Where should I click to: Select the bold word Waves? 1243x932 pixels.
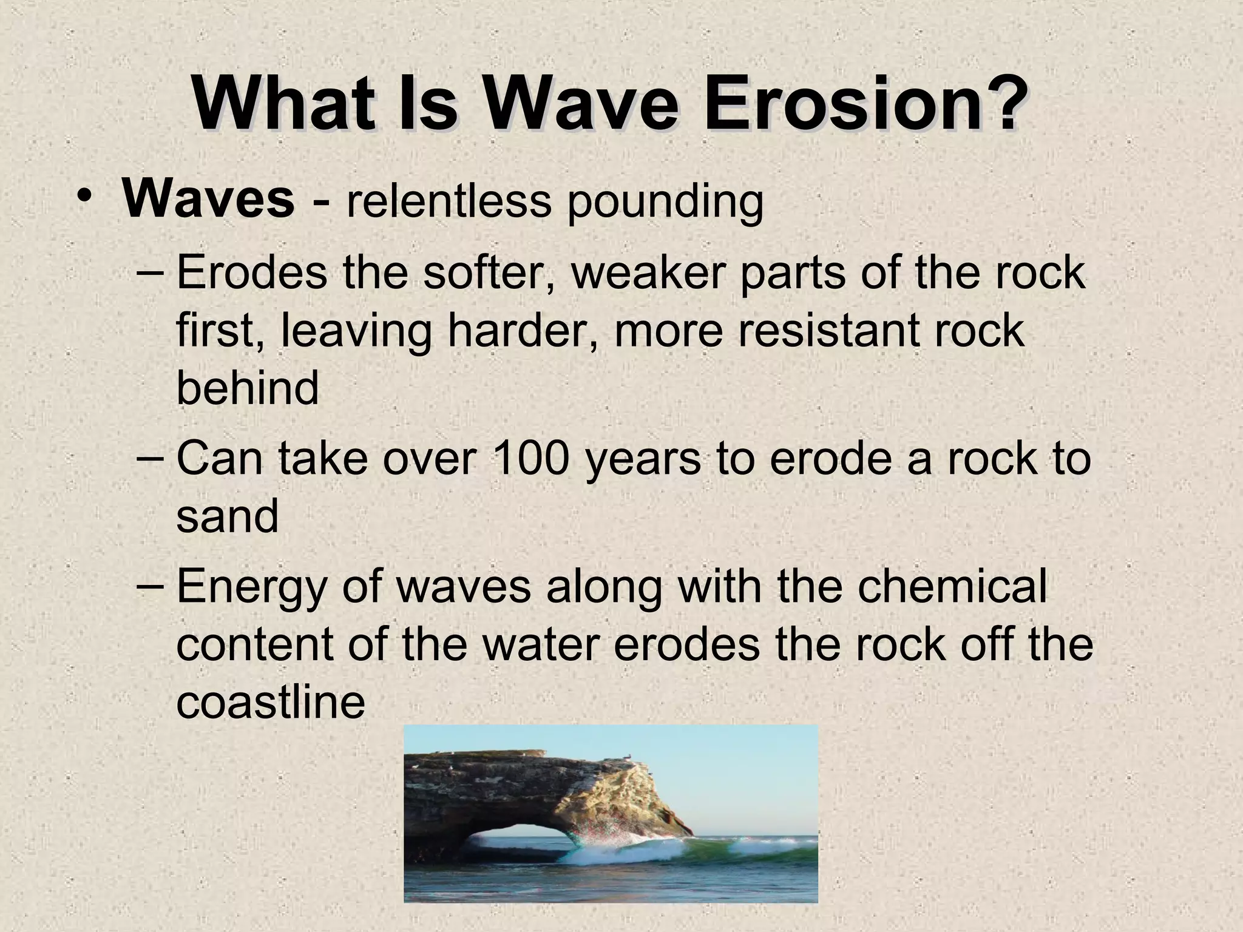208,200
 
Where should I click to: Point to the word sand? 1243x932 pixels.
227,516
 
